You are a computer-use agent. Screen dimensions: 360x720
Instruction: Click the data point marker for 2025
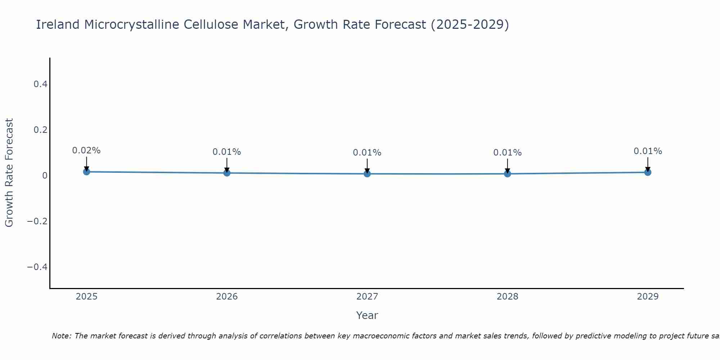point(86,172)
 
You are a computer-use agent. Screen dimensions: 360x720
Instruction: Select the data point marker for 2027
point(367,174)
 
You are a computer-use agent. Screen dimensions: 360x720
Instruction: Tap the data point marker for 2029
point(648,172)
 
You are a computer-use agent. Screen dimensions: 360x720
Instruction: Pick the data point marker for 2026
point(227,173)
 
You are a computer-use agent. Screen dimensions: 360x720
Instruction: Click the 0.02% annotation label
point(86,150)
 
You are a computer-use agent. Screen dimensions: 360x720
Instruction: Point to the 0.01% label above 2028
point(507,153)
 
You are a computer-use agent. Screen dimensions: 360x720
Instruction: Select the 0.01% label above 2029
point(648,151)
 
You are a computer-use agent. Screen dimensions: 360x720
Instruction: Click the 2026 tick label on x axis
point(227,297)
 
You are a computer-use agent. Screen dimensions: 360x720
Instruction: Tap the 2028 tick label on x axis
point(507,297)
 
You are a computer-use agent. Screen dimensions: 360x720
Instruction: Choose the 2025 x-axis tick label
point(86,297)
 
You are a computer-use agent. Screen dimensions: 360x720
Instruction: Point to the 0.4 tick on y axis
point(40,84)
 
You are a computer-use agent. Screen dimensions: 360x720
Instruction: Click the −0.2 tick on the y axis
point(37,221)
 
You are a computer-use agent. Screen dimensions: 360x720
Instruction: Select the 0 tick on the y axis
point(45,176)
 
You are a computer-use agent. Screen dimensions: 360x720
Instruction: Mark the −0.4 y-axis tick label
point(37,267)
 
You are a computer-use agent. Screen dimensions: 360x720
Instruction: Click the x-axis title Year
point(367,315)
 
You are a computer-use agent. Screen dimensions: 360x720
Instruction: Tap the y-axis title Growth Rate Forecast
point(9,173)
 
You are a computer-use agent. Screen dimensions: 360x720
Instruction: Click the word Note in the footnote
point(62,336)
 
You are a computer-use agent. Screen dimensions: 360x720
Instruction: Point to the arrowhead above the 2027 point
point(367,170)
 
